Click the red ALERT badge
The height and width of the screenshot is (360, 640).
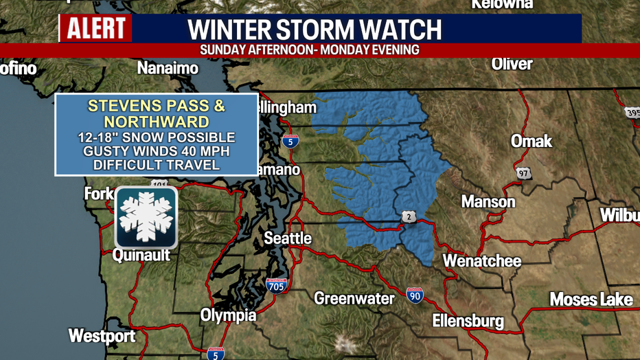click(97, 29)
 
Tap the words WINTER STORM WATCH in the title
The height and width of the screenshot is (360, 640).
click(315, 30)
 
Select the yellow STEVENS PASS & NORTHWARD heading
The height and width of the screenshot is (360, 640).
click(156, 115)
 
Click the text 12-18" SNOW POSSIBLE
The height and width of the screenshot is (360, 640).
click(156, 137)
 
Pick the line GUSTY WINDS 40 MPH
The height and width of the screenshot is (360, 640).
click(156, 151)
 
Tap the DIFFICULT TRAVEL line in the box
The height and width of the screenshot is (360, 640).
click(156, 165)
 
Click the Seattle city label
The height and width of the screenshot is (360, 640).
click(288, 238)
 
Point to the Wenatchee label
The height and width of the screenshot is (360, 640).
click(481, 261)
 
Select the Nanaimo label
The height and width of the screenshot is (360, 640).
click(168, 68)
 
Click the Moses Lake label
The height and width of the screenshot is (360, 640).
click(591, 300)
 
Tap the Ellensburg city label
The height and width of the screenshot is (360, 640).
click(468, 321)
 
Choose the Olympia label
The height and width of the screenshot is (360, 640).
click(228, 315)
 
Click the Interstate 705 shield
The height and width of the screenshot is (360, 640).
click(277, 285)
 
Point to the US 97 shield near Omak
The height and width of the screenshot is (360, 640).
click(524, 174)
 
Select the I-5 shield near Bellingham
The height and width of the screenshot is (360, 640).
click(290, 142)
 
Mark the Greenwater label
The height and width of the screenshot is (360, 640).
click(354, 298)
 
